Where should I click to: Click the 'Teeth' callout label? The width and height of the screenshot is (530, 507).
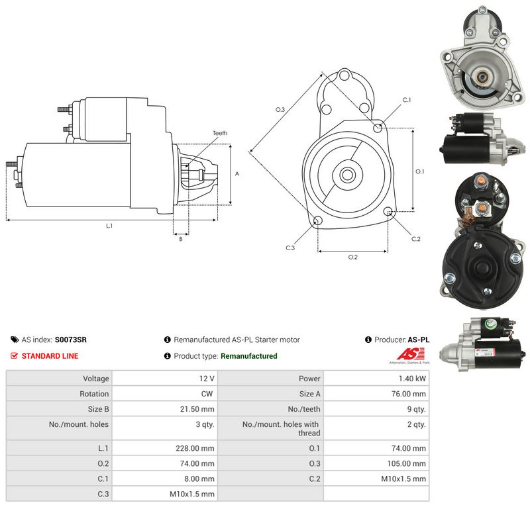click(220, 133)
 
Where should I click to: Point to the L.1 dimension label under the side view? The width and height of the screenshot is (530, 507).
click(109, 226)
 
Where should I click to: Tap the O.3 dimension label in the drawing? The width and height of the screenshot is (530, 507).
click(280, 109)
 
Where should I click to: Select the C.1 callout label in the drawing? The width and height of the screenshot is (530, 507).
click(407, 100)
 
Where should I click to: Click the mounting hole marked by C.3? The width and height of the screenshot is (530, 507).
click(318, 221)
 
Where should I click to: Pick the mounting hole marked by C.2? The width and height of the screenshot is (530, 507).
click(388, 211)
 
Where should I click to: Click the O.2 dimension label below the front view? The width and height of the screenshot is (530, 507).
click(353, 257)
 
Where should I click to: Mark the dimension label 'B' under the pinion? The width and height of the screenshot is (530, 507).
click(181, 239)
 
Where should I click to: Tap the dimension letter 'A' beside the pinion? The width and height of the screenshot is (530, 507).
click(237, 174)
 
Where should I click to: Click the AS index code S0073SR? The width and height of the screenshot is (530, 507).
click(71, 340)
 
